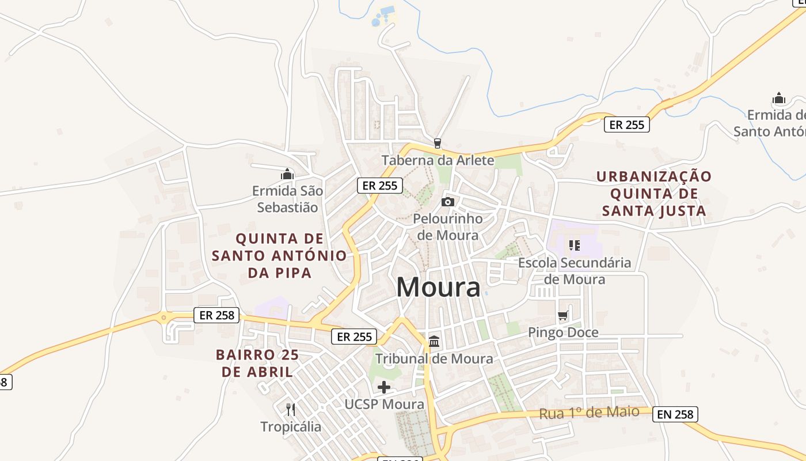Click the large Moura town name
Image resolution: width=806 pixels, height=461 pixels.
[x=438, y=287]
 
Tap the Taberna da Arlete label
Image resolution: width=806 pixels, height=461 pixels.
[x=438, y=160]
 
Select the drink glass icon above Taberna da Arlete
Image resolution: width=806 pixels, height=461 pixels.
[x=438, y=143]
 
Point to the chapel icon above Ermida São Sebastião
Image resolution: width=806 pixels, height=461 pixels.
[x=287, y=173]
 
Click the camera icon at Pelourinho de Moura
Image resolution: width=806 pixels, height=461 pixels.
[x=447, y=202]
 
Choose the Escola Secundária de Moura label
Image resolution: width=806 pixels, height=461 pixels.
[x=575, y=271]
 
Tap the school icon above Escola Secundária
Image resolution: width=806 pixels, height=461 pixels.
[x=574, y=245]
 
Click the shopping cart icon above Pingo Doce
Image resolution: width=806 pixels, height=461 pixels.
[x=562, y=316]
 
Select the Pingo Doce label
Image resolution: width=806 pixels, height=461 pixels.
[x=563, y=332]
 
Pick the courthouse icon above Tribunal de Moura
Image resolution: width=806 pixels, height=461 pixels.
[x=434, y=341]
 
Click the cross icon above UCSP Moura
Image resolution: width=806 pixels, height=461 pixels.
[x=384, y=387]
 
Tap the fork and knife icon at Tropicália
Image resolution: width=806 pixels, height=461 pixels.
[x=291, y=410]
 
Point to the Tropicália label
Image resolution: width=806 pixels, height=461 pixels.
[x=291, y=427]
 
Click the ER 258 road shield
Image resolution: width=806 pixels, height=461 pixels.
[x=216, y=315]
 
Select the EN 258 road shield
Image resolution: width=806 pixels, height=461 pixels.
[x=675, y=414]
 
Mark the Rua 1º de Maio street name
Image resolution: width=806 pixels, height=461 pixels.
[x=589, y=413]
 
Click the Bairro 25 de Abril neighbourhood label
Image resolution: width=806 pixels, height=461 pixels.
[x=257, y=363]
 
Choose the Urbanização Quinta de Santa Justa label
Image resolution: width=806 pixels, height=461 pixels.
[x=654, y=194]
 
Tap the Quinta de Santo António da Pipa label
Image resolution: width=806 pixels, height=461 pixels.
[x=280, y=255]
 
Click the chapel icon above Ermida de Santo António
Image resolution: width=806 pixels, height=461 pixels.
[x=779, y=98]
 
